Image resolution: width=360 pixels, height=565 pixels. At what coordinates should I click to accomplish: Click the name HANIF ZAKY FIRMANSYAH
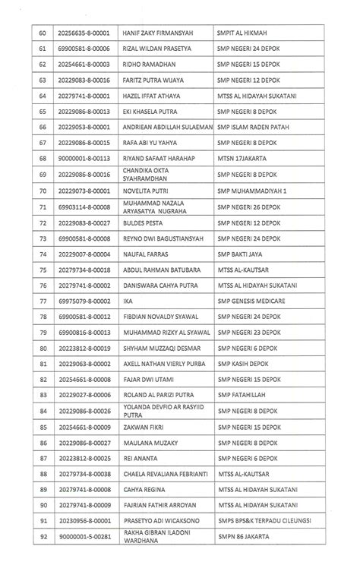click(x=160, y=33)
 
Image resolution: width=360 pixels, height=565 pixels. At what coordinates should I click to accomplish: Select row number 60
click(x=43, y=33)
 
